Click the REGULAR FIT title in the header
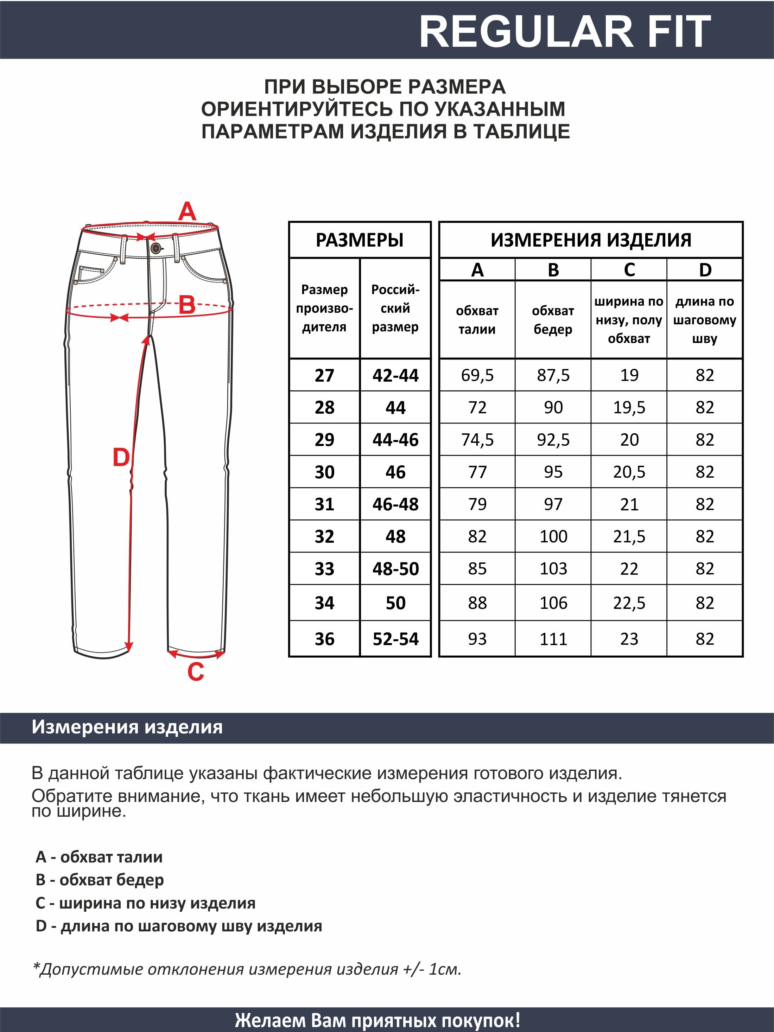click(x=565, y=32)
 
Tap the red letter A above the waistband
click(x=187, y=212)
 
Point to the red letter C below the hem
click(x=196, y=672)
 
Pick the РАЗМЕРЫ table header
click(x=360, y=240)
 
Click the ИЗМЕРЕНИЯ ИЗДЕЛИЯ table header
click(x=591, y=240)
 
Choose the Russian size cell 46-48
click(x=395, y=504)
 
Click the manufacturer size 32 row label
click(x=324, y=536)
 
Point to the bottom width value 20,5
click(x=629, y=472)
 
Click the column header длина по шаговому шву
click(x=704, y=320)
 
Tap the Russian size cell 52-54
click(x=395, y=639)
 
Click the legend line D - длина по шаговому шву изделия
click(x=179, y=926)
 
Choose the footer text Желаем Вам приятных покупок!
click(x=378, y=1020)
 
